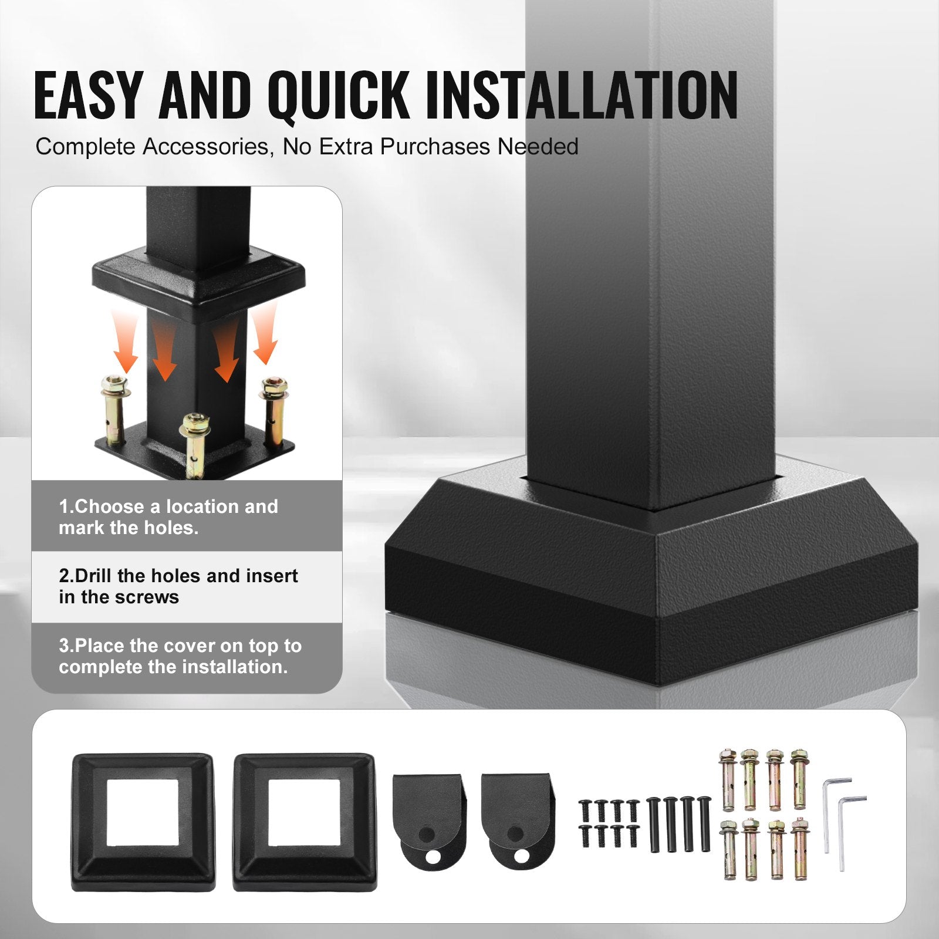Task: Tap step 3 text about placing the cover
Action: coord(180,656)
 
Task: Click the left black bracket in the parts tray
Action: coord(428,816)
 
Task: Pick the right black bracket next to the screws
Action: coord(516,816)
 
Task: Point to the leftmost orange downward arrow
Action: coord(126,352)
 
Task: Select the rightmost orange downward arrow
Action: coord(265,337)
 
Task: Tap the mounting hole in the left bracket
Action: coord(433,857)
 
